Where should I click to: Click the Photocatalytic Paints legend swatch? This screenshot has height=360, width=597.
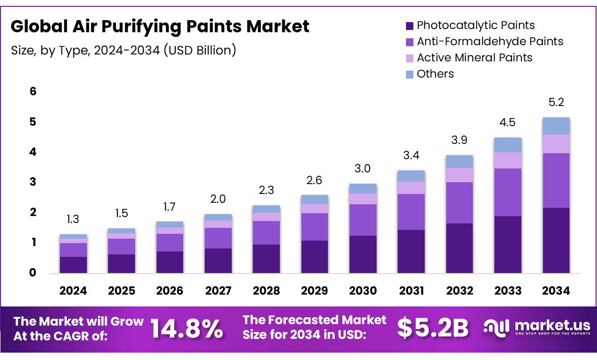coord(409,26)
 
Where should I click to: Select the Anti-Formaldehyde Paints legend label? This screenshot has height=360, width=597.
coord(489,42)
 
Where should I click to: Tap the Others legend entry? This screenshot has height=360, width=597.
coord(435,74)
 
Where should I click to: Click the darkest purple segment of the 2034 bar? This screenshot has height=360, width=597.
coord(556,240)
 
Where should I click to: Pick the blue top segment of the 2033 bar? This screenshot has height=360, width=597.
coord(508,145)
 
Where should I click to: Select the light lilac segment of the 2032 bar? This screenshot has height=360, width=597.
coord(460,175)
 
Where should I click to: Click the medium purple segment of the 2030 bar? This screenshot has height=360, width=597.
coord(363,220)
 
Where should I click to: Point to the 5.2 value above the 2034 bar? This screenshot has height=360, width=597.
coord(556,103)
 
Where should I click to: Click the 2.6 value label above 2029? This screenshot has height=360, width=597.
coord(315,180)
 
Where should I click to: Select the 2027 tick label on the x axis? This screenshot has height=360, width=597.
coord(218,291)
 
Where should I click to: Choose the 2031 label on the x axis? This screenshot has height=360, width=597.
coord(411,291)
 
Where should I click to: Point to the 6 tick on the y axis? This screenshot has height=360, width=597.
coord(33,91)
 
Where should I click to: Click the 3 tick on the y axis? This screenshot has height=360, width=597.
coord(33,182)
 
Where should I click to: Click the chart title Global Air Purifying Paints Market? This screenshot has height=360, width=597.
coord(160,26)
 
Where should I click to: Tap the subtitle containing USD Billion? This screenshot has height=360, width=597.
coord(123,50)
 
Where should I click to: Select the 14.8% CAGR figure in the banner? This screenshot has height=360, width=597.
coord(187,328)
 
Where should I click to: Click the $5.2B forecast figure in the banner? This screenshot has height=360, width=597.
coord(433,328)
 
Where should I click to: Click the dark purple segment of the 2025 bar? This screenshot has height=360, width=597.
coord(121,264)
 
